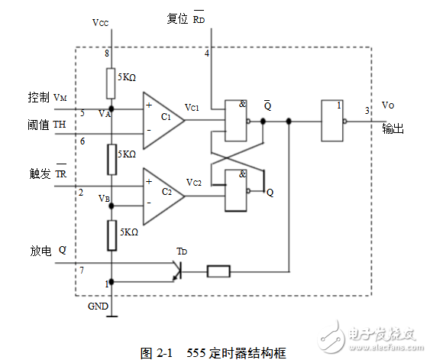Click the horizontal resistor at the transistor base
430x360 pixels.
click(x=219, y=271)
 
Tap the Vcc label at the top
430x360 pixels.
click(x=101, y=23)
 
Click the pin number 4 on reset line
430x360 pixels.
click(x=206, y=53)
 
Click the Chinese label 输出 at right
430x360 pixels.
click(x=393, y=130)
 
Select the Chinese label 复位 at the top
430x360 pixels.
click(x=177, y=19)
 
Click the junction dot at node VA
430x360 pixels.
click(x=112, y=108)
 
